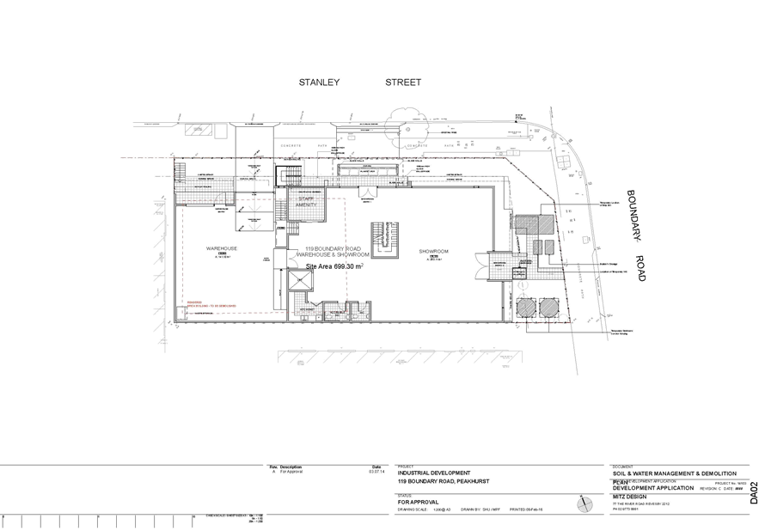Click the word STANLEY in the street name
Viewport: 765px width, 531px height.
[x=319, y=82]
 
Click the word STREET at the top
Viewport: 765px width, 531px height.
[x=403, y=82]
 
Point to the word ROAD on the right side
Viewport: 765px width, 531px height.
[x=642, y=269]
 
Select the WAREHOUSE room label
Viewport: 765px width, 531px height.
[x=221, y=249]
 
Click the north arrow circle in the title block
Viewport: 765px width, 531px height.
[x=586, y=503]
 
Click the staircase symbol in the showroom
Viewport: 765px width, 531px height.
[x=383, y=239]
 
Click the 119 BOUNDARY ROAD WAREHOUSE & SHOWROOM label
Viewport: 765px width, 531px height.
[x=333, y=252]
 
